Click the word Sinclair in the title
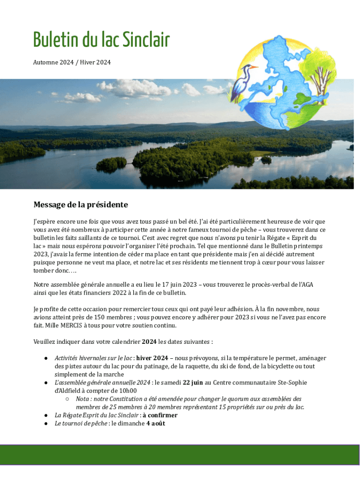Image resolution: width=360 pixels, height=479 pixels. click(146, 41)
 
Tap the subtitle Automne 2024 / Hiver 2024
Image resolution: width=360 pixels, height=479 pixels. click(72, 62)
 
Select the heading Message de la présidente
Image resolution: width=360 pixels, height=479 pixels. click(80, 205)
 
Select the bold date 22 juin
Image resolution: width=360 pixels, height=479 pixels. click(193, 383)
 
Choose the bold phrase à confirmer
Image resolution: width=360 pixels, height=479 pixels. click(160, 415)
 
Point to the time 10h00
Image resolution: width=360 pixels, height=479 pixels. click(127, 391)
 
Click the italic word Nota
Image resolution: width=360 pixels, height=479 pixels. click(83, 399)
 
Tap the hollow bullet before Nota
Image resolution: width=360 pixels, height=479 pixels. click(68, 399)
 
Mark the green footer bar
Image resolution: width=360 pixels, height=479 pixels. click(180, 455)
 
